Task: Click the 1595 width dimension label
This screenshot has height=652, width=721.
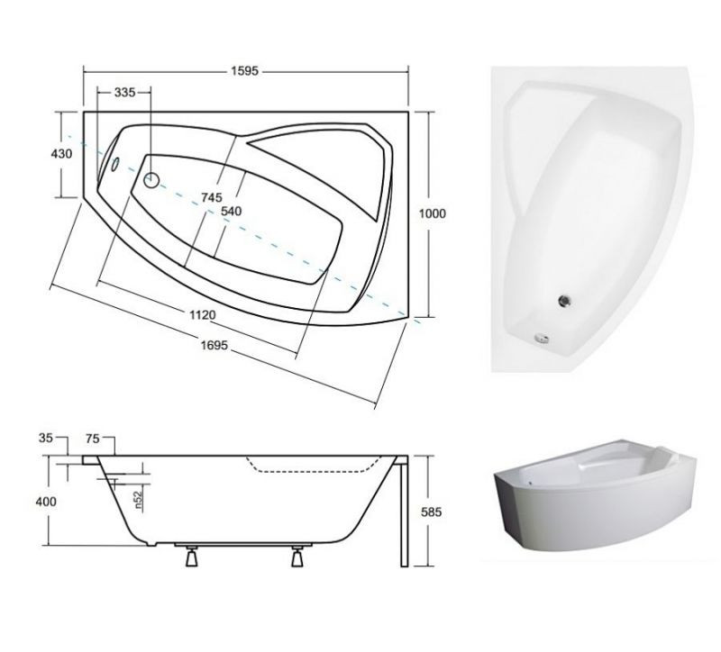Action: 245,71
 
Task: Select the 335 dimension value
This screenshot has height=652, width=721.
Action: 124,93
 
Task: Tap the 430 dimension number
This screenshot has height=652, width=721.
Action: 61,153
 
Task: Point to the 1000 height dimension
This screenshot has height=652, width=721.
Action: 433,213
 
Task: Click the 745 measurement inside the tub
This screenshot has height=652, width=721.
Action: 212,197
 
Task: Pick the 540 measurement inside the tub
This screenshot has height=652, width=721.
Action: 231,212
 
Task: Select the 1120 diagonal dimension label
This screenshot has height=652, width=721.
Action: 202,314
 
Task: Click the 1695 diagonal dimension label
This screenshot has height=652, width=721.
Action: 214,345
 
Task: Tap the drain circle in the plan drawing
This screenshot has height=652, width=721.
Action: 151,180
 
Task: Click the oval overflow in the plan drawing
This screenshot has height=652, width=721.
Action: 115,164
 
